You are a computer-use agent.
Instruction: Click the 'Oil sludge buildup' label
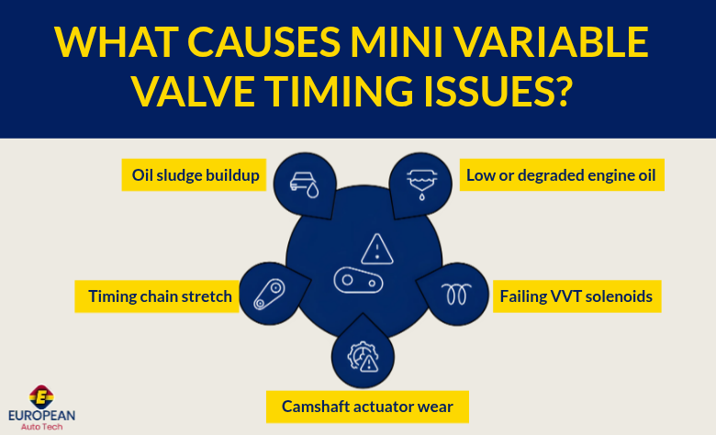coord(194,175)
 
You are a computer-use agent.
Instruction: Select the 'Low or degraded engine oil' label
coord(561,175)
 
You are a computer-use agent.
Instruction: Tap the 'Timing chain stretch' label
coord(160,296)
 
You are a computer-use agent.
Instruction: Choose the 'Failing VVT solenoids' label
coord(576,296)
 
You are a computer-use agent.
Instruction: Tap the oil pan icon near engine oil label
coord(422,181)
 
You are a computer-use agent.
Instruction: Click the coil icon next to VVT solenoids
coord(454,294)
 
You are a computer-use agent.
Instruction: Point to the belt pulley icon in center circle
coord(359,280)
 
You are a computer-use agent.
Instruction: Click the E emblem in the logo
coord(42,396)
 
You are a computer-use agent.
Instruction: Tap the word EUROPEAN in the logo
coord(42,416)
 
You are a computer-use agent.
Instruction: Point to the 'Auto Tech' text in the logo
coord(42,427)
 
